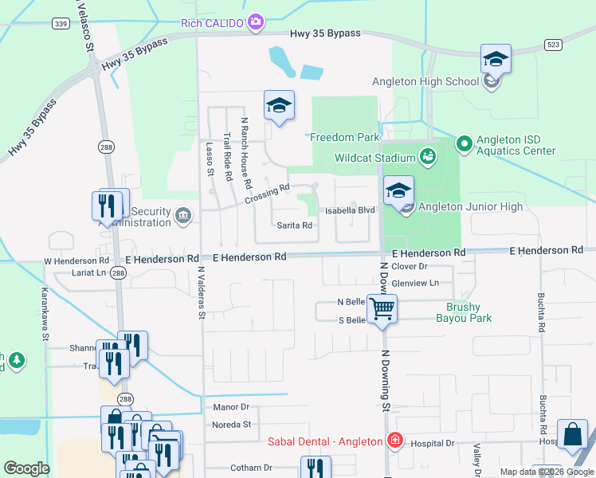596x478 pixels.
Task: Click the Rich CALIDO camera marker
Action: tap(256, 22)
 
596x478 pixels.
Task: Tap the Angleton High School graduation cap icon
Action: tap(495, 60)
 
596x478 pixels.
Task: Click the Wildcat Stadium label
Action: tap(375, 157)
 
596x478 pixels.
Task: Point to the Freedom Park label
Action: tap(344, 137)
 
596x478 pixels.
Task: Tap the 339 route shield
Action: tap(61, 24)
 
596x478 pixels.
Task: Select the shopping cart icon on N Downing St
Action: tap(382, 308)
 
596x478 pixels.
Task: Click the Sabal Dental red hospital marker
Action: tap(394, 441)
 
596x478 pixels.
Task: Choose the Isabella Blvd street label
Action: tap(350, 210)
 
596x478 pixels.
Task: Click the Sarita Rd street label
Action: tap(294, 225)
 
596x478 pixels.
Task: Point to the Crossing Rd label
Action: tap(267, 194)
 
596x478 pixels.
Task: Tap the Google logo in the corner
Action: tap(27, 468)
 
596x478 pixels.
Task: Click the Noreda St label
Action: tap(231, 425)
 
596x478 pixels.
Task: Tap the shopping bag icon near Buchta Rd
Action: tap(572, 435)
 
